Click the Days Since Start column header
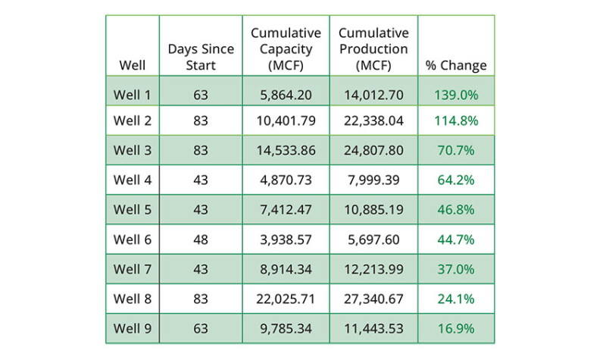(x=201, y=57)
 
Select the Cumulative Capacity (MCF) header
(x=286, y=49)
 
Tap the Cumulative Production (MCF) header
(x=373, y=49)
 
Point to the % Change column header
(x=456, y=65)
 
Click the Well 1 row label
(x=132, y=95)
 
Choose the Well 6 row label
(x=132, y=239)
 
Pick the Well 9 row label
(x=132, y=328)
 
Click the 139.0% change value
(x=456, y=95)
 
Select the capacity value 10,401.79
(x=286, y=121)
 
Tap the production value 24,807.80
(x=373, y=150)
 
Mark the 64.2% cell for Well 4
(x=456, y=180)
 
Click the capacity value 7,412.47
(x=286, y=210)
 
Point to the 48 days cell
(x=201, y=239)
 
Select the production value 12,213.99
(x=373, y=269)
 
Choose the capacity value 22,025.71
(x=286, y=299)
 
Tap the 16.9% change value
(x=456, y=328)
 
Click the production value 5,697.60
(x=373, y=239)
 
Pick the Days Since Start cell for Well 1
(x=201, y=95)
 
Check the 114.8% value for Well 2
(x=456, y=121)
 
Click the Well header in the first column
(x=132, y=65)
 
